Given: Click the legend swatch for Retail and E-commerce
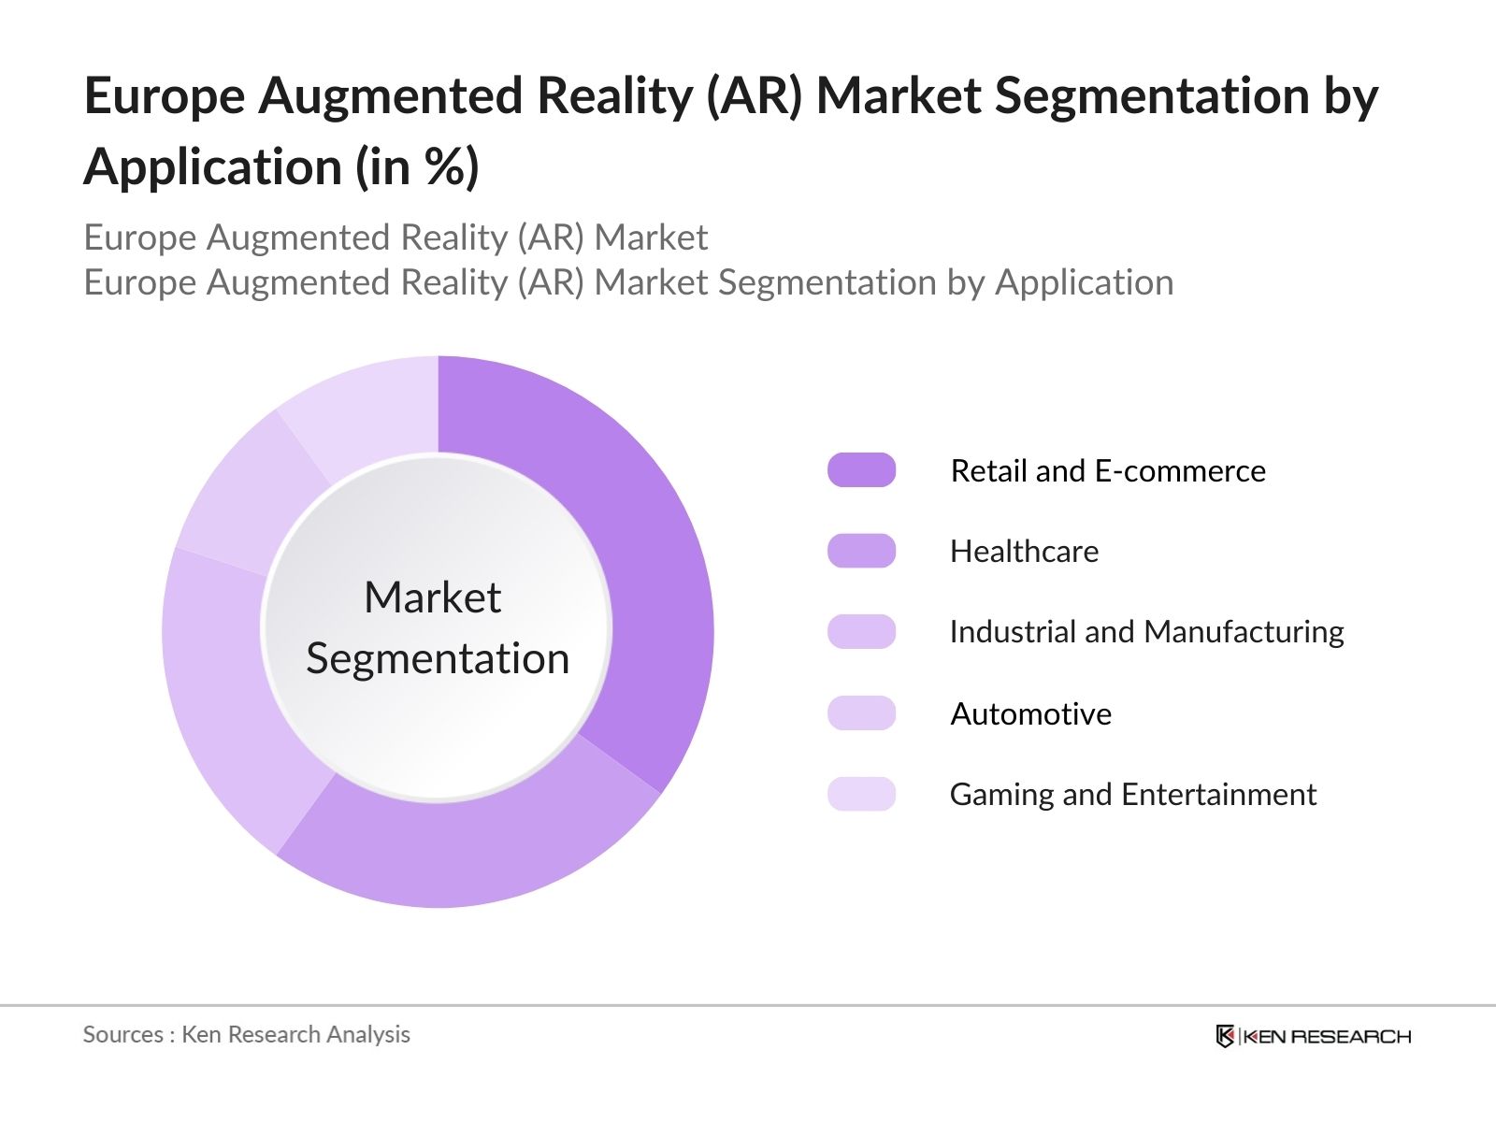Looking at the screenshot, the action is (861, 470).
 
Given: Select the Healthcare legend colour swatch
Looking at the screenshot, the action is (861, 551).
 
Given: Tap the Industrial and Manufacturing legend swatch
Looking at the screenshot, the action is (861, 631).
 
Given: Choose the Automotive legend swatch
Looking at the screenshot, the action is (861, 712).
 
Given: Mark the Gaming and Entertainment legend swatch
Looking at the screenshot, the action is (861, 794).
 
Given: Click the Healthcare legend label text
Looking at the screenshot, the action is (1025, 551).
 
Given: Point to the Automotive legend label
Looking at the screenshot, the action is (1031, 714).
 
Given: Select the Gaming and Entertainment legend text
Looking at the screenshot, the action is (1133, 795).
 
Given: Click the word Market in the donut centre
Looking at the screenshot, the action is (433, 597).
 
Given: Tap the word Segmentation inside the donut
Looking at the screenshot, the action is (438, 659).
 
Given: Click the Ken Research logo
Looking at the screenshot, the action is (1313, 1036).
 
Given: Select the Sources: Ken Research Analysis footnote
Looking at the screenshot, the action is (247, 1034).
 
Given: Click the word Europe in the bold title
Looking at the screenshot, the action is (165, 96).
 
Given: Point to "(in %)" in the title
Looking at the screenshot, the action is (417, 167).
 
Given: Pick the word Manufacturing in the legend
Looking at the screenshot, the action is (1244, 632).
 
